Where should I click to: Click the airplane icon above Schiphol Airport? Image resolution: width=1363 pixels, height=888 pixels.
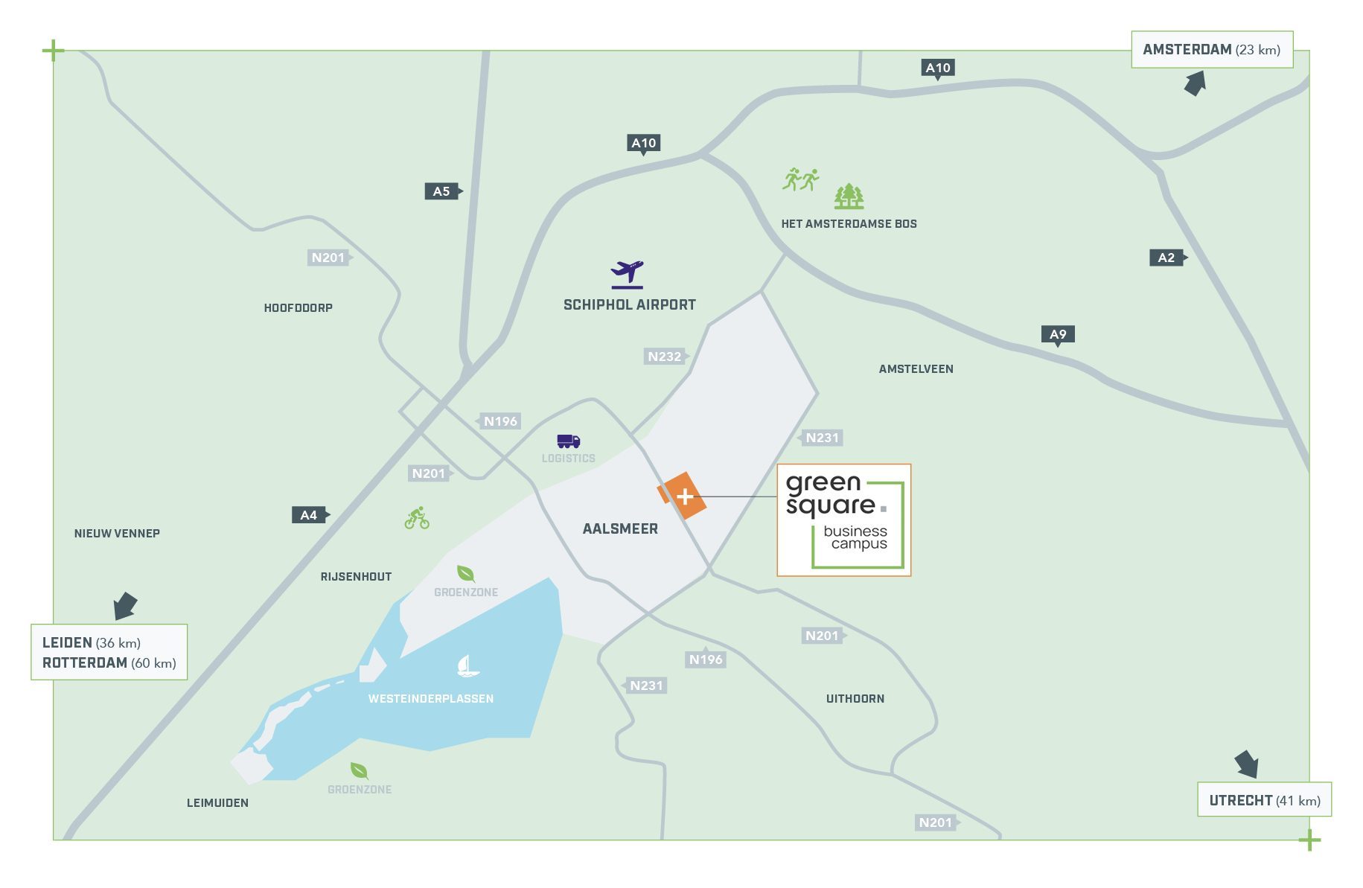click(627, 274)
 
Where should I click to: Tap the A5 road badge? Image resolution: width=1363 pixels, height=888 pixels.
click(442, 191)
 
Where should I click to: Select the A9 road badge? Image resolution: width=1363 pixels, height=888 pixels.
click(1057, 334)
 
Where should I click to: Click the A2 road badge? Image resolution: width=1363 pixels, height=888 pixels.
click(1166, 258)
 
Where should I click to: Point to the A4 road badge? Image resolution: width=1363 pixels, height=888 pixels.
click(309, 514)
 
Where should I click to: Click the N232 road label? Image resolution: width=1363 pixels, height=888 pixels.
click(664, 357)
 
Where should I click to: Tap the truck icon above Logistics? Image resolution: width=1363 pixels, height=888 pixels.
click(568, 441)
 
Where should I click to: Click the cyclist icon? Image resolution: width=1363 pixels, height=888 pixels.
click(417, 518)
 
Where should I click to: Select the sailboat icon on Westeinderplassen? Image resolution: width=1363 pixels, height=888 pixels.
click(467, 665)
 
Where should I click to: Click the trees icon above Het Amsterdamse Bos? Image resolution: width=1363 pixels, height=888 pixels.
click(849, 197)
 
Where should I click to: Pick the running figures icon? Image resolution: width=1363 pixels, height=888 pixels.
click(800, 179)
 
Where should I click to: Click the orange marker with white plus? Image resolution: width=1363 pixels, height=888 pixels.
click(683, 496)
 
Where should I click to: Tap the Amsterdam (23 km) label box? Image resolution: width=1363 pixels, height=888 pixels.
click(1211, 50)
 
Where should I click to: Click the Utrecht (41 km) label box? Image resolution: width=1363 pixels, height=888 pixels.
click(1264, 800)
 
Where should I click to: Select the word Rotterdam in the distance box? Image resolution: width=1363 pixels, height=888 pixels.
click(85, 662)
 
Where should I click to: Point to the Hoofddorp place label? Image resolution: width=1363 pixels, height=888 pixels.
click(298, 307)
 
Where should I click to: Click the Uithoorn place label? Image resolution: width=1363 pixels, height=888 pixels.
click(855, 698)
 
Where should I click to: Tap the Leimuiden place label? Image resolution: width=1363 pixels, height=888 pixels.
click(217, 802)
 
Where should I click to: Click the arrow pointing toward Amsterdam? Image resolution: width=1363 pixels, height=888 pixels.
click(1195, 83)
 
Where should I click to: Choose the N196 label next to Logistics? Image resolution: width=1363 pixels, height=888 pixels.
click(500, 421)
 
